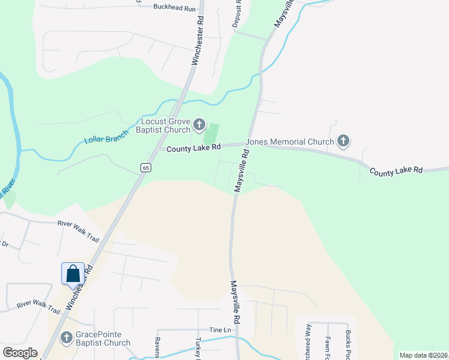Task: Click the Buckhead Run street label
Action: point(175,8)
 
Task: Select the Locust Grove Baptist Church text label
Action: point(163,125)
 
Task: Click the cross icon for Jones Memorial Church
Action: point(343,142)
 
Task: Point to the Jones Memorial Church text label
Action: point(294,142)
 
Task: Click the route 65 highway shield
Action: point(146,168)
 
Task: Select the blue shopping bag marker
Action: point(73,274)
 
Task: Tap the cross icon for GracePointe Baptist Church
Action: point(66,338)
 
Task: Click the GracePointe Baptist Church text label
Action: point(103,338)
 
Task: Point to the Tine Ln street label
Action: point(220,331)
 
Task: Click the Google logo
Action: point(20,353)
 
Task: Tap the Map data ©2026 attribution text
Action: point(424,355)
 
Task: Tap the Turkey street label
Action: point(197,347)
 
